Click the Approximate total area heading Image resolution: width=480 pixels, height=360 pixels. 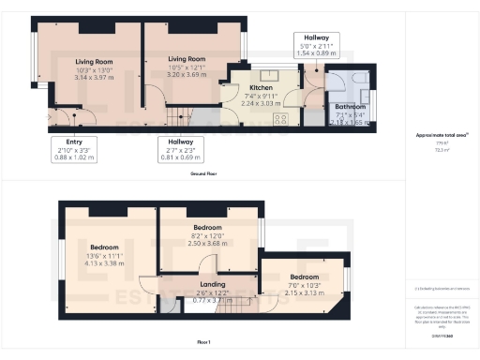(x=435, y=135)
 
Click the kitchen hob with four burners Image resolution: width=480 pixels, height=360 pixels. (x=278, y=120)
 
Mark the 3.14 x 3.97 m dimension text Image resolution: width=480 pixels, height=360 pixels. (x=93, y=80)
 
